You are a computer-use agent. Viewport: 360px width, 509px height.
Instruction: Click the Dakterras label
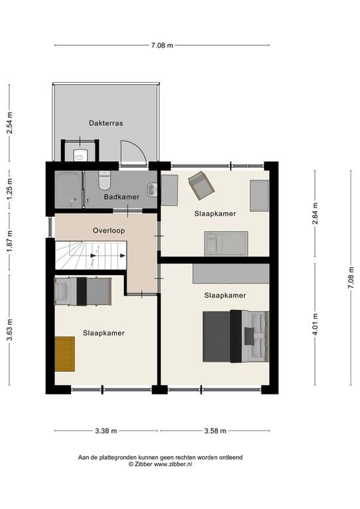tap(106, 123)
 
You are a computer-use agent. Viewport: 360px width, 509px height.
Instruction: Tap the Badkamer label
tap(122, 197)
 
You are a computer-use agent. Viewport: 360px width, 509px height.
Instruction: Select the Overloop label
tap(109, 231)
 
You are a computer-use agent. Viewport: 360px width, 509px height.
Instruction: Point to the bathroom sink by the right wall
tap(152, 190)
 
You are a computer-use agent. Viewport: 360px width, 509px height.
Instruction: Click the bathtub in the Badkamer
tap(68, 190)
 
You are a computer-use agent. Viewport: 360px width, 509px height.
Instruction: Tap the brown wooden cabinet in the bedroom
tap(64, 354)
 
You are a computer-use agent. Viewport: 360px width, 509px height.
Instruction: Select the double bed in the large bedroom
tap(236, 336)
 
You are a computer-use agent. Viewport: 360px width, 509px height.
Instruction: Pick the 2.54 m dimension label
tap(11, 123)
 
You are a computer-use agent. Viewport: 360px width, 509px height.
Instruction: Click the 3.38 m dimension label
tap(106, 431)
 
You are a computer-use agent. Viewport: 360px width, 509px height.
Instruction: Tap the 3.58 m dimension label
tap(215, 431)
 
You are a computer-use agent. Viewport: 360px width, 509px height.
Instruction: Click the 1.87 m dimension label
tap(11, 241)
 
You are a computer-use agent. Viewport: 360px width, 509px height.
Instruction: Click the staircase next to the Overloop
tap(90, 255)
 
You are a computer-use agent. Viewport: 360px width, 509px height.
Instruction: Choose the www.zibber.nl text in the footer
tap(172, 464)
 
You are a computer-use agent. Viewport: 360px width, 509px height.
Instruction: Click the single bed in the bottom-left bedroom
tap(83, 291)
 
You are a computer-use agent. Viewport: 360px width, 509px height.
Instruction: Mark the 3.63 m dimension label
tap(11, 330)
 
